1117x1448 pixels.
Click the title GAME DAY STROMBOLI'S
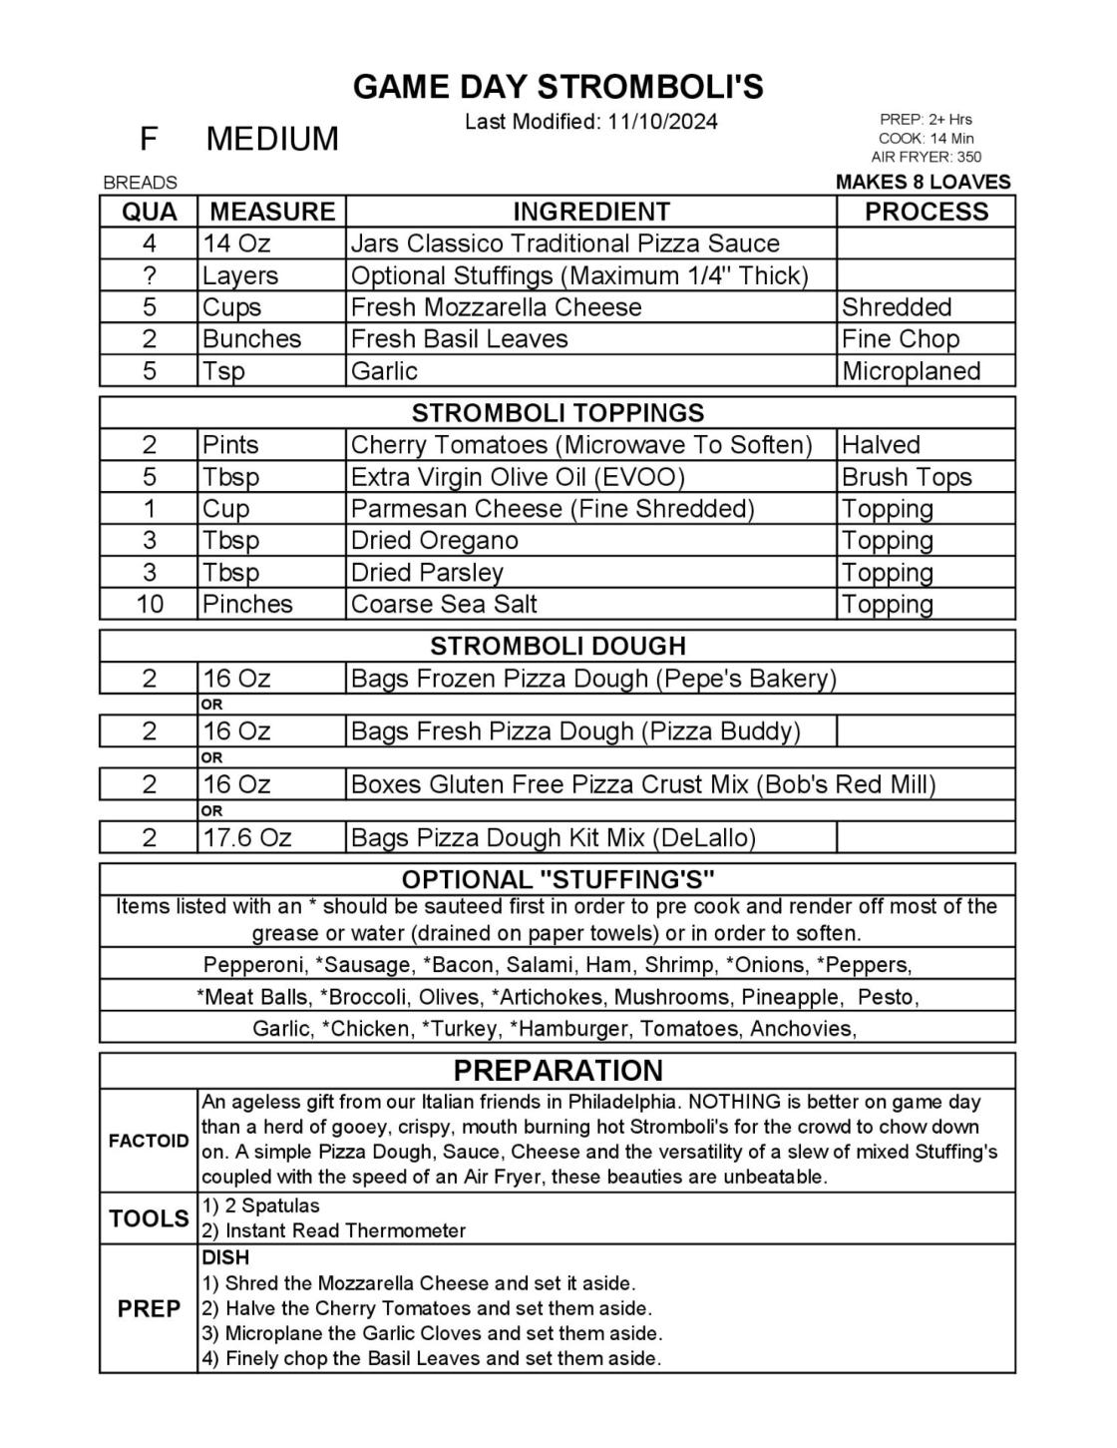pyautogui.click(x=558, y=88)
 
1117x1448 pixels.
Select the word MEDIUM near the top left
pyautogui.click(x=272, y=139)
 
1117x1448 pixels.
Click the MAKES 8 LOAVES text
pyautogui.click(x=923, y=182)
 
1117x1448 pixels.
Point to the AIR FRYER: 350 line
pyautogui.click(x=926, y=157)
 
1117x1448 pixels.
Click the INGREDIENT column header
pyautogui.click(x=590, y=212)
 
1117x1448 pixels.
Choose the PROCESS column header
pyautogui.click(x=926, y=212)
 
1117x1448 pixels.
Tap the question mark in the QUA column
pyautogui.click(x=149, y=275)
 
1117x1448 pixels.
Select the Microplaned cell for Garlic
pyautogui.click(x=911, y=371)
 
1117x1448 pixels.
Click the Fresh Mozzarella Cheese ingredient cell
pyautogui.click(x=496, y=307)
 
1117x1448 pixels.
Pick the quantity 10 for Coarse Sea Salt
pyautogui.click(x=149, y=605)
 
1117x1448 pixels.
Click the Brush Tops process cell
pyautogui.click(x=906, y=477)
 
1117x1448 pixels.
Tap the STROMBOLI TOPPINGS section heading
pyautogui.click(x=558, y=413)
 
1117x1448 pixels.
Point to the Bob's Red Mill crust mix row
pyautogui.click(x=642, y=784)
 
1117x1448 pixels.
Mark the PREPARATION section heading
pyautogui.click(x=558, y=1071)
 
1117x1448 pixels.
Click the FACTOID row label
pyautogui.click(x=149, y=1141)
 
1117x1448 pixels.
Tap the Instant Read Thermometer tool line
pyautogui.click(x=345, y=1231)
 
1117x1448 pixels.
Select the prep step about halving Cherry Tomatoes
pyautogui.click(x=438, y=1308)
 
